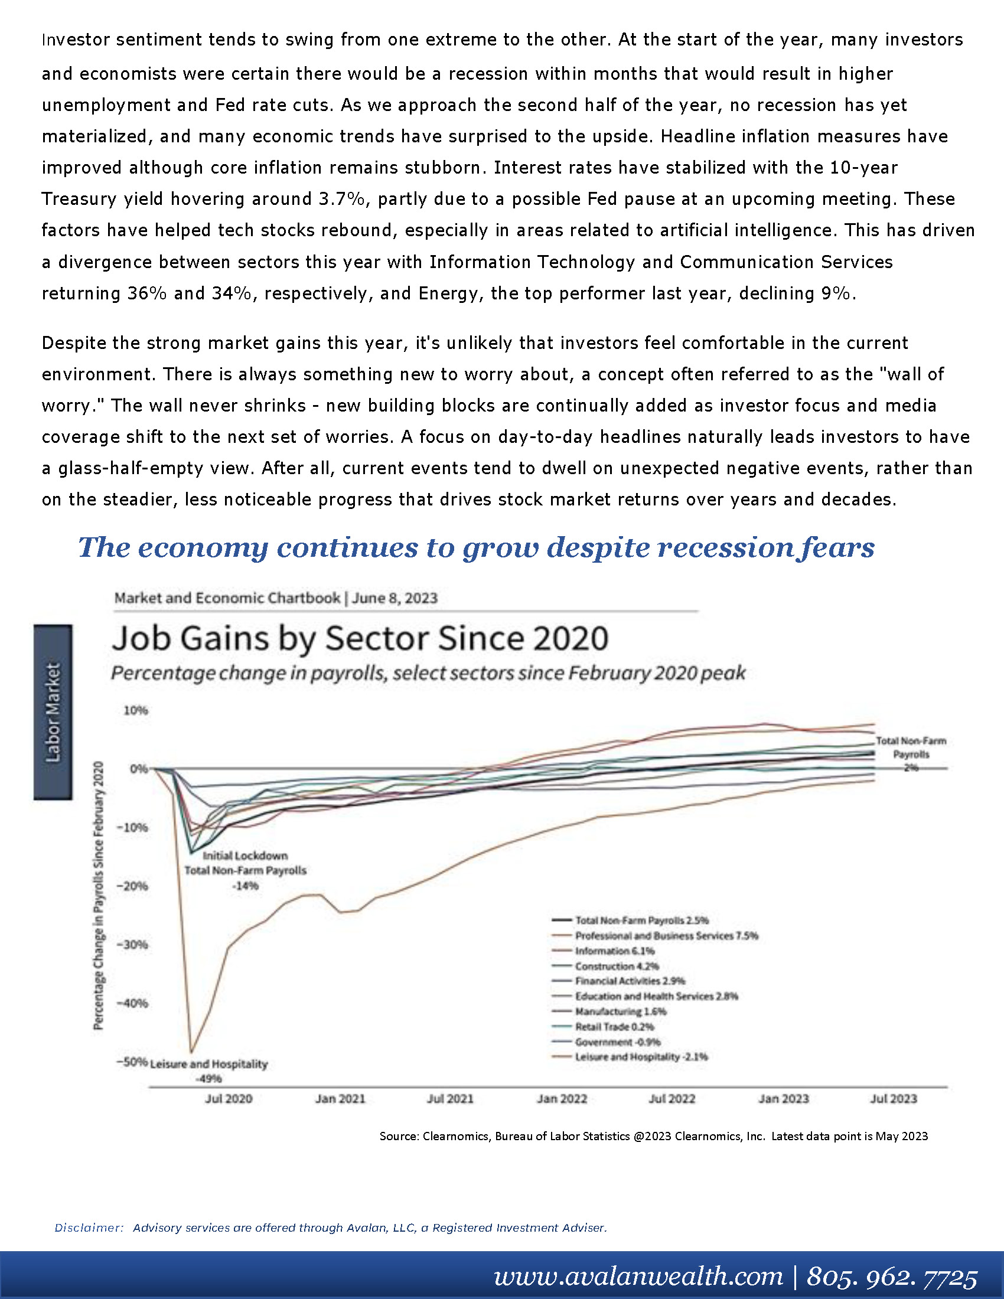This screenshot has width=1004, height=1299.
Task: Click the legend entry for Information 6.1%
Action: click(603, 951)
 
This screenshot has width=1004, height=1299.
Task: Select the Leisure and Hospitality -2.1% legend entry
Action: click(630, 1057)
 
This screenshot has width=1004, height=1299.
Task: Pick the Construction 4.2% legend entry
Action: click(605, 967)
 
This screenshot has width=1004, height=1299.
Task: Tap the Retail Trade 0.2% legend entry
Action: click(603, 1027)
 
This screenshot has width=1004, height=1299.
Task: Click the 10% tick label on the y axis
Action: click(136, 710)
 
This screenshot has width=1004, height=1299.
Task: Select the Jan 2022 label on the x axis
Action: click(562, 1099)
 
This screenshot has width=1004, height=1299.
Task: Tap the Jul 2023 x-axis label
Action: click(894, 1099)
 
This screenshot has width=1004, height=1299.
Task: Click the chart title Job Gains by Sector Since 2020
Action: click(360, 638)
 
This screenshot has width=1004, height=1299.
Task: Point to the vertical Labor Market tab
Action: click(53, 712)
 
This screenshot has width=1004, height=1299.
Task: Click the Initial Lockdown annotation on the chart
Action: click(245, 856)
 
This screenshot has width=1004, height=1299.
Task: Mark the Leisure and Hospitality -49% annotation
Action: click(208, 1070)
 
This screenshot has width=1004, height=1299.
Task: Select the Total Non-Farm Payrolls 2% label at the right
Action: click(911, 754)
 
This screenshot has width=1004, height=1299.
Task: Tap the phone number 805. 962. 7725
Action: click(892, 1277)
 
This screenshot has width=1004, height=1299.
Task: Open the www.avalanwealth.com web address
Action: click(638, 1277)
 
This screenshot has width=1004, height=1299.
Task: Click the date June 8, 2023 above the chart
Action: click(395, 598)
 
